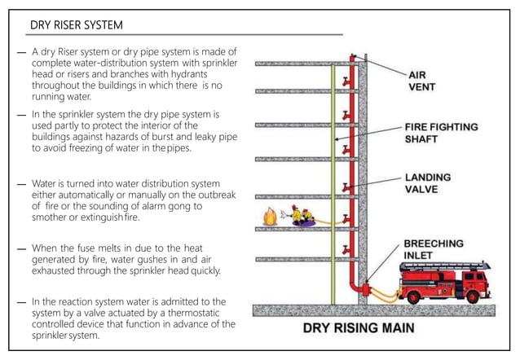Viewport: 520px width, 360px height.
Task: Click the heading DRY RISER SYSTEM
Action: pos(78,25)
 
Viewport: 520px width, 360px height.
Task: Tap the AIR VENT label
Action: pos(423,79)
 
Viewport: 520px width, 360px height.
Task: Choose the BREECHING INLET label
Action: pos(433,248)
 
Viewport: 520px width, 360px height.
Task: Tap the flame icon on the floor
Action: pos(269,217)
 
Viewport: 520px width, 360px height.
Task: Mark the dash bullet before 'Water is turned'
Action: pos(21,185)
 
